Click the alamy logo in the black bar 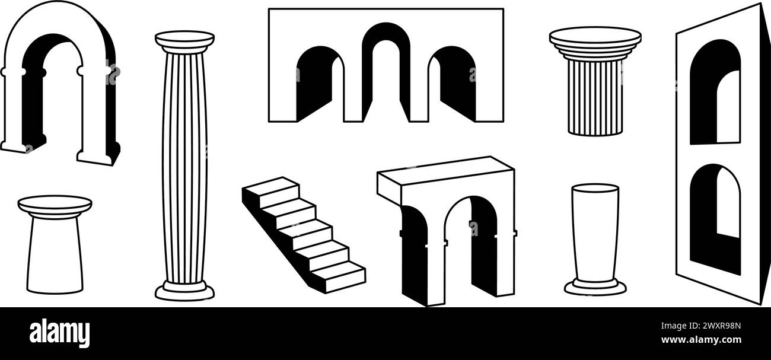click(59, 333)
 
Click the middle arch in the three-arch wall click(385, 65)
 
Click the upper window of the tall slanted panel click(715, 92)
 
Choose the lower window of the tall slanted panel click(715, 216)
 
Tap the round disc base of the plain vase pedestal click(595, 289)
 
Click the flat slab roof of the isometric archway click(445, 172)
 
